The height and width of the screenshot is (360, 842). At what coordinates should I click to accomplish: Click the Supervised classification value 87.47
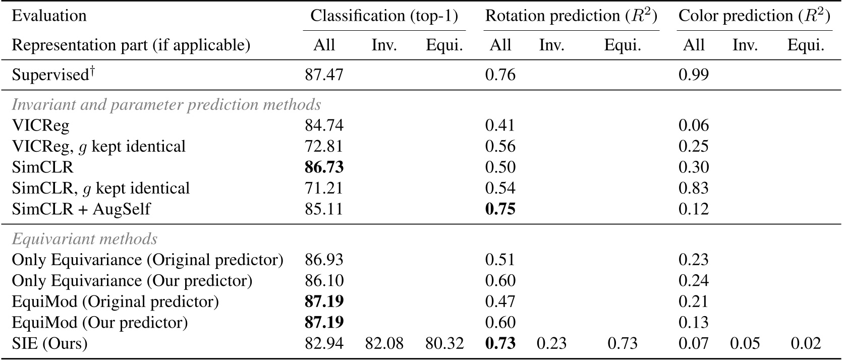[x=324, y=75]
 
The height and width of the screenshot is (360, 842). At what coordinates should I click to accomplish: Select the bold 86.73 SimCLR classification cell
[x=324, y=167]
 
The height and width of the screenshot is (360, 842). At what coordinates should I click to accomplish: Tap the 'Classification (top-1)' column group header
[x=384, y=16]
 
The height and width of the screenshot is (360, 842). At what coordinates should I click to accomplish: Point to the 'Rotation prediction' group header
[x=571, y=16]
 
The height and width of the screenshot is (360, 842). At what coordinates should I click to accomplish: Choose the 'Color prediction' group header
[x=754, y=16]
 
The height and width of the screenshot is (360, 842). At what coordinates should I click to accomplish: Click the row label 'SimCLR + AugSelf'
[x=81, y=209]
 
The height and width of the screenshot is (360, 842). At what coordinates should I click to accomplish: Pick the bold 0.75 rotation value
[x=500, y=209]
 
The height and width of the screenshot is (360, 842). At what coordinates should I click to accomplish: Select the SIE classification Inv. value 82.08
[x=384, y=344]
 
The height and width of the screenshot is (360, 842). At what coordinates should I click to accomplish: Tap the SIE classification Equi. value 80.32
[x=444, y=344]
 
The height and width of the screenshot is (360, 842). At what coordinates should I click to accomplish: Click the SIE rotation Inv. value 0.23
[x=551, y=344]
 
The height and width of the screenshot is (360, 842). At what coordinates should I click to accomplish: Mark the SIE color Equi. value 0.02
[x=805, y=344]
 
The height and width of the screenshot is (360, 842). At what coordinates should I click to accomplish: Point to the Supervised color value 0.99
[x=694, y=75]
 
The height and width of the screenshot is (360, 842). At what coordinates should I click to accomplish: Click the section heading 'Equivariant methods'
[x=84, y=238]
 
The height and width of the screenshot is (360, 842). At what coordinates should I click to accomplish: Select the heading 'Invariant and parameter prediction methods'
[x=166, y=104]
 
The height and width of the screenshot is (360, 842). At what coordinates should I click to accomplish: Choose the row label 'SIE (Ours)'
[x=49, y=344]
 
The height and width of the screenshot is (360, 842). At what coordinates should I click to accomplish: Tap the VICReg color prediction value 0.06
[x=694, y=125]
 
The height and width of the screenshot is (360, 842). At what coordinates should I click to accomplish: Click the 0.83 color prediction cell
[x=694, y=188]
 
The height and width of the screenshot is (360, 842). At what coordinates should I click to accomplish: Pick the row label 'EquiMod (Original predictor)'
[x=115, y=302]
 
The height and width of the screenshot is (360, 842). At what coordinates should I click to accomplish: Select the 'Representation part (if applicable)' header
[x=131, y=45]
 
